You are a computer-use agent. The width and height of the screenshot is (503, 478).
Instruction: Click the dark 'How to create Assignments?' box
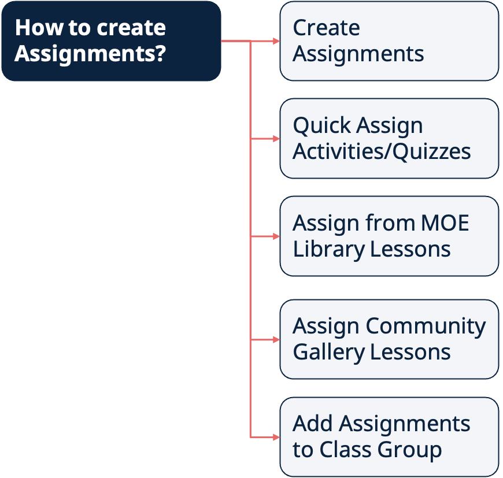pyautogui.click(x=112, y=41)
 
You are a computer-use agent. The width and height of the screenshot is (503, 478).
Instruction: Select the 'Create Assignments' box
pyautogui.click(x=389, y=41)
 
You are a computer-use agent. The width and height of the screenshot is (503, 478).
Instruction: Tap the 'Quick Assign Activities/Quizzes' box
pyautogui.click(x=389, y=139)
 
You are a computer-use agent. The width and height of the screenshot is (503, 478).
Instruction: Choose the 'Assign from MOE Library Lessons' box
pyautogui.click(x=389, y=236)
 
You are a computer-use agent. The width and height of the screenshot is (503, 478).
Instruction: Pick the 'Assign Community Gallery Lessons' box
pyautogui.click(x=389, y=339)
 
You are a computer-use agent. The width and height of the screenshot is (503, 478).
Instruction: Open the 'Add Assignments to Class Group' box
pyautogui.click(x=389, y=437)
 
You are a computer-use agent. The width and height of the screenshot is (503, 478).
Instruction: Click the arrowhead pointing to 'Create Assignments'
pyautogui.click(x=276, y=41)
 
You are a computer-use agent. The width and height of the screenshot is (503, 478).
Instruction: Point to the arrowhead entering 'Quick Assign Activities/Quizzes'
pyautogui.click(x=276, y=139)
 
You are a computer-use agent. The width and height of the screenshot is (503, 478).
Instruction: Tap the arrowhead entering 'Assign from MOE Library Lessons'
pyautogui.click(x=276, y=236)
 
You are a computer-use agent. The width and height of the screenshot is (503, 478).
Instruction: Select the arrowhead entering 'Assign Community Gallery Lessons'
pyautogui.click(x=276, y=339)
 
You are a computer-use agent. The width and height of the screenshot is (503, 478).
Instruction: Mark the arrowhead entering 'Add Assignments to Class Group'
pyautogui.click(x=276, y=437)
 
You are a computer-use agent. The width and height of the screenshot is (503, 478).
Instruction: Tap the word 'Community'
pyautogui.click(x=426, y=327)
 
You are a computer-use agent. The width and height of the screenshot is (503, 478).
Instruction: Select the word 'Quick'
pyautogui.click(x=322, y=125)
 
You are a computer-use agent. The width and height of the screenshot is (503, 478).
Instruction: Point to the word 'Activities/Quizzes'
pyautogui.click(x=382, y=151)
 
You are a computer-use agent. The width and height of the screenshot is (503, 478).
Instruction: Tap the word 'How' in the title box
pyautogui.click(x=39, y=28)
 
